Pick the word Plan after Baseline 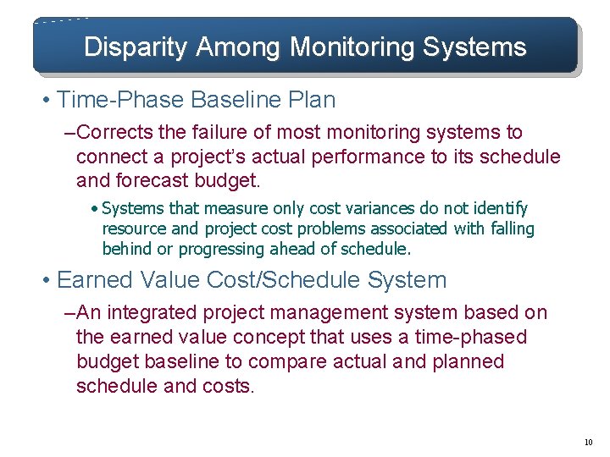click(x=310, y=100)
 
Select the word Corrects click(x=117, y=133)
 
